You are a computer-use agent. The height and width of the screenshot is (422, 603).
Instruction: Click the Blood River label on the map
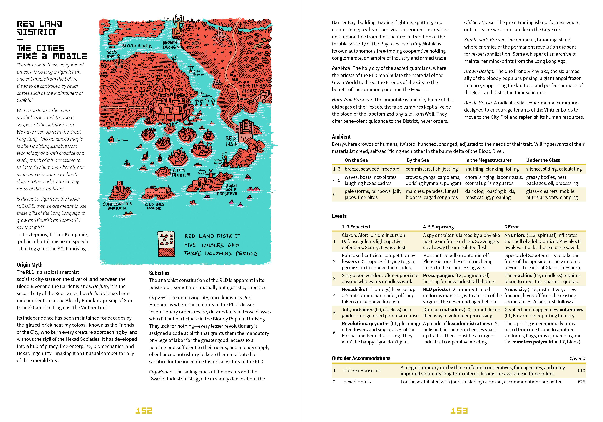click(137, 46)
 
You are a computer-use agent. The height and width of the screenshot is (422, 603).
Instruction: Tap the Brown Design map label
click(171, 45)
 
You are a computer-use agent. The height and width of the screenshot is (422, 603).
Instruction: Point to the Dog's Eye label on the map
click(111, 54)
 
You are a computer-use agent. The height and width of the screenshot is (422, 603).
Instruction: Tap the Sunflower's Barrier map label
click(117, 206)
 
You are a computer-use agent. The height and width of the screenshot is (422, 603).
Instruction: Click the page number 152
click(144, 410)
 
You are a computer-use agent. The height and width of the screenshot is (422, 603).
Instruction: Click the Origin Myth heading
click(30, 265)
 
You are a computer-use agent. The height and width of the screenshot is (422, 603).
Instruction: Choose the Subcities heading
click(159, 273)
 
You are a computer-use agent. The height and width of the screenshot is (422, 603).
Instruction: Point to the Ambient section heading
click(341, 137)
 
